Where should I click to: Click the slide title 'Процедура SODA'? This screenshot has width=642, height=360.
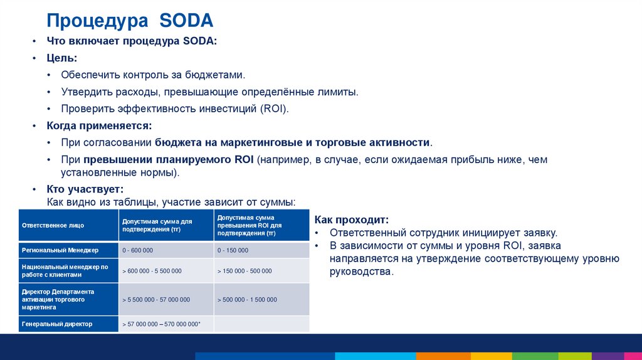tap(130, 21)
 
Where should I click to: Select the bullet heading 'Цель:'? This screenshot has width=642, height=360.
tap(62, 58)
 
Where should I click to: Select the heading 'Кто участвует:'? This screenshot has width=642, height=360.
tap(85, 189)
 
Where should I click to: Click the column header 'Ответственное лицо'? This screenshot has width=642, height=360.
tap(53, 225)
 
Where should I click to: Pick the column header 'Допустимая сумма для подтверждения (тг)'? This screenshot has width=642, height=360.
tap(157, 225)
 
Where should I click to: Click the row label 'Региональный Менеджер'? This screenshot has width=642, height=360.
tap(60, 250)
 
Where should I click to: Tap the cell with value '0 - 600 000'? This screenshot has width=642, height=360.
tap(138, 250)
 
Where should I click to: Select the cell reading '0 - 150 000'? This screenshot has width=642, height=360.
tap(233, 250)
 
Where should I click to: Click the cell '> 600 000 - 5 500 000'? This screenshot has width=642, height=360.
tap(152, 271)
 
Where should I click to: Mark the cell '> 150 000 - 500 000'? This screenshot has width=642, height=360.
tap(245, 271)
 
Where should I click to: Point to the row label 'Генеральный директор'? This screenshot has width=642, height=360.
tap(57, 324)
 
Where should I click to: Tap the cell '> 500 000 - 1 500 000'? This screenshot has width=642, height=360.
tap(247, 300)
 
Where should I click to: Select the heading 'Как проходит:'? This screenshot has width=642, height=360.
tap(352, 220)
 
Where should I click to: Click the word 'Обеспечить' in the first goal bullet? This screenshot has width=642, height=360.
tap(87, 75)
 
